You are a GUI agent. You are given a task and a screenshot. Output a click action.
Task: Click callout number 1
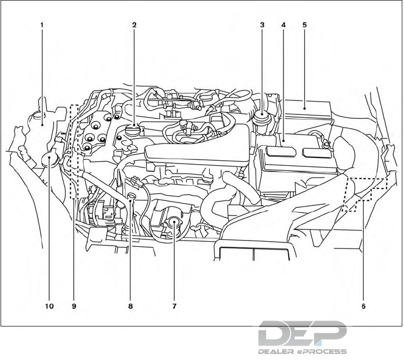tap(42, 26)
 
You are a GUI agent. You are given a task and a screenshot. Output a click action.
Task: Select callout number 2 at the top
tap(134, 26)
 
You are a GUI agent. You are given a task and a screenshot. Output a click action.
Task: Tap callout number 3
tap(262, 26)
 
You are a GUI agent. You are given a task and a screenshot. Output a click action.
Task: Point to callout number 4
tap(283, 26)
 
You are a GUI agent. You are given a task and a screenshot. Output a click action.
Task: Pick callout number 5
tap(305, 26)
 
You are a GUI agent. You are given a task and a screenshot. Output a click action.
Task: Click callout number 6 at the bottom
tap(363, 306)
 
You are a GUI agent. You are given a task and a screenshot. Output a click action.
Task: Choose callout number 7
tap(175, 306)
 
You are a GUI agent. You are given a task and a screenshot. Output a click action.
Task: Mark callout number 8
tap(131, 306)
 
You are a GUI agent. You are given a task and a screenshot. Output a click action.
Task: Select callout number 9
tap(73, 306)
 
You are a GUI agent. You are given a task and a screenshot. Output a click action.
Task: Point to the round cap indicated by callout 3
tap(261, 119)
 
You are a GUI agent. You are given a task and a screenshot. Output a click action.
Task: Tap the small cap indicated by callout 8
tap(132, 197)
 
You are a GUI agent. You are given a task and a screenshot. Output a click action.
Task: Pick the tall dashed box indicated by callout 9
tap(74, 152)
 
